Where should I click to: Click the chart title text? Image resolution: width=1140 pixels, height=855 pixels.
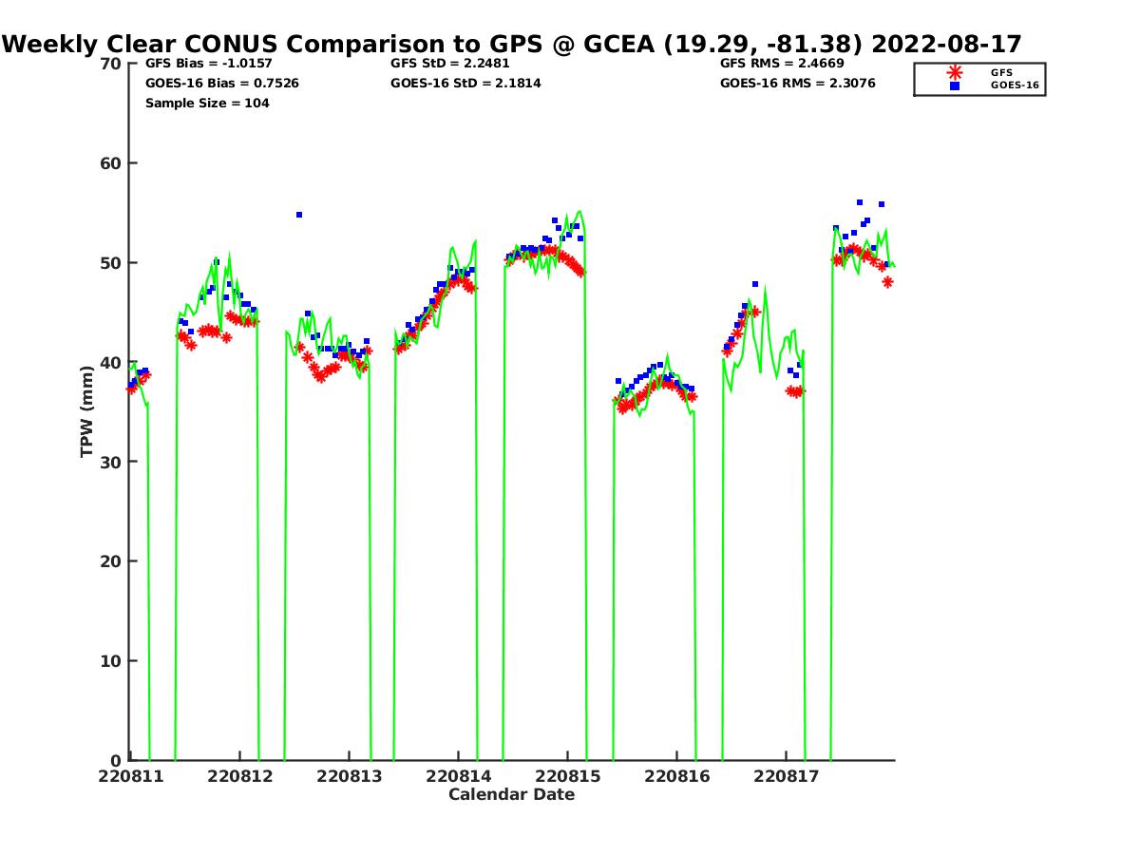pyautogui.click(x=512, y=44)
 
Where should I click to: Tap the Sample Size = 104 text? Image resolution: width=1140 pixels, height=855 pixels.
pyautogui.click(x=207, y=103)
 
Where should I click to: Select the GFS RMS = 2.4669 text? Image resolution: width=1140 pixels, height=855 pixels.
pyautogui.click(x=782, y=64)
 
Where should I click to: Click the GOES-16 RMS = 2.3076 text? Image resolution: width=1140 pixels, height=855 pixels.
pyautogui.click(x=798, y=84)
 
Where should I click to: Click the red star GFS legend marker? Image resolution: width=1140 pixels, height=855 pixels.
pyautogui.click(x=955, y=72)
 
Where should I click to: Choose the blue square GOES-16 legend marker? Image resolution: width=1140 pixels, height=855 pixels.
pyautogui.click(x=955, y=85)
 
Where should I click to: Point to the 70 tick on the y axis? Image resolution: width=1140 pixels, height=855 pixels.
pyautogui.click(x=111, y=64)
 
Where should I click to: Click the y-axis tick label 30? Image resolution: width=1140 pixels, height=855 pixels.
pyautogui.click(x=111, y=462)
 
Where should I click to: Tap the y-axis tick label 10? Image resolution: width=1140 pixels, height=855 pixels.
pyautogui.click(x=111, y=661)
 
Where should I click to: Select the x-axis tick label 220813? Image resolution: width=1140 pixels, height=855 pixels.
pyautogui.click(x=349, y=776)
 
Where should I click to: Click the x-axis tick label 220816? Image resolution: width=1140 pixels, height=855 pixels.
pyautogui.click(x=676, y=776)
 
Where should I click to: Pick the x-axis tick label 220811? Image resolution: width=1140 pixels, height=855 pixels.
pyautogui.click(x=130, y=776)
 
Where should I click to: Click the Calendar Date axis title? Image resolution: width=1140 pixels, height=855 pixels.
pyautogui.click(x=512, y=794)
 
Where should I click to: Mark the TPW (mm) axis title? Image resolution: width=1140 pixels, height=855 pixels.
pyautogui.click(x=87, y=412)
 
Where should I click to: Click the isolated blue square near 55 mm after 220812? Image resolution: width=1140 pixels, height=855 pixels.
pyautogui.click(x=299, y=215)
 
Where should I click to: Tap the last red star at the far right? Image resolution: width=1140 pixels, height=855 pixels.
pyautogui.click(x=887, y=282)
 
